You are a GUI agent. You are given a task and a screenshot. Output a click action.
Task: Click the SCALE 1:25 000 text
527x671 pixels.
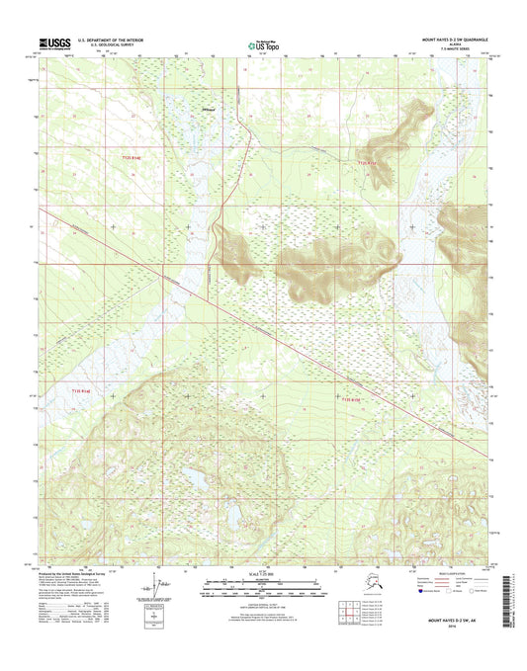[262, 576]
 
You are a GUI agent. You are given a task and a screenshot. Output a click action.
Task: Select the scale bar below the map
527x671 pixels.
[262, 589]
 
